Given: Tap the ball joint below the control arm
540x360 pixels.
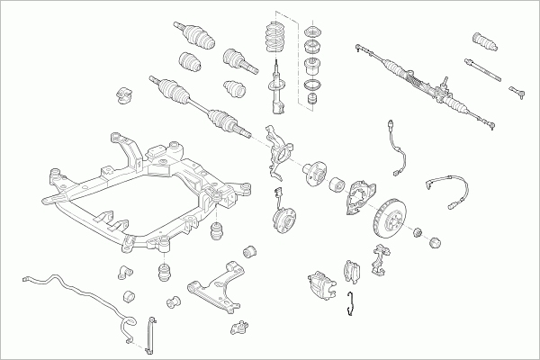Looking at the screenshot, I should coord(239,326).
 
